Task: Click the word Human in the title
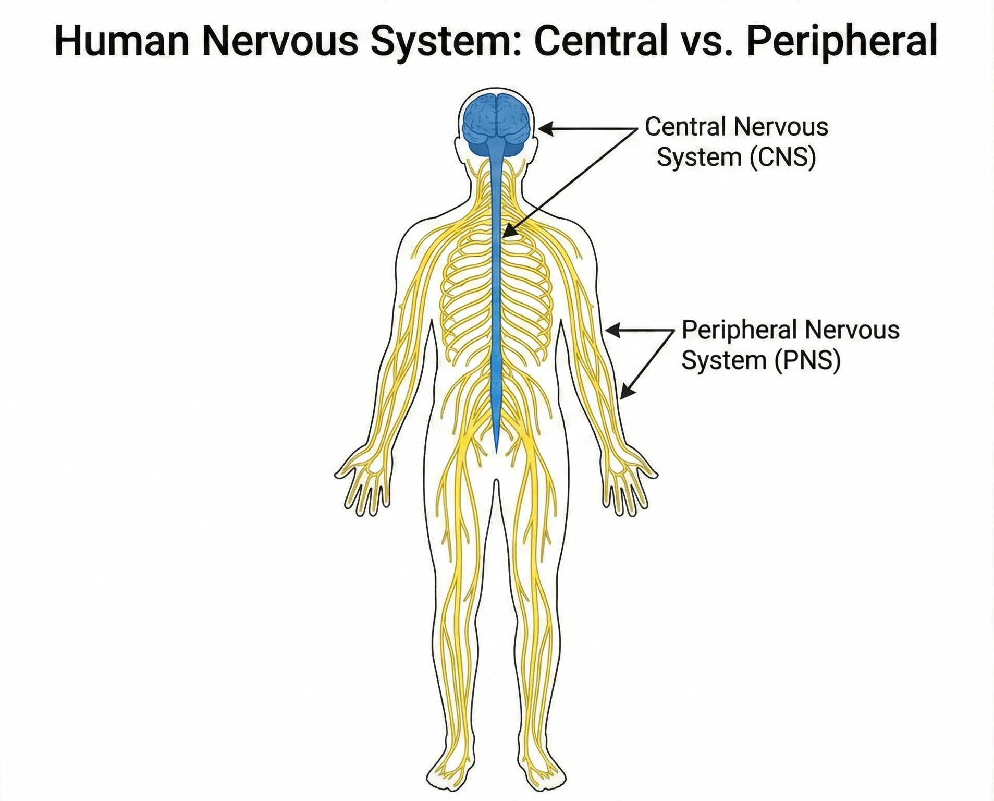click(x=121, y=41)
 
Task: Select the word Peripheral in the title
click(x=842, y=41)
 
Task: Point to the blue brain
click(x=496, y=123)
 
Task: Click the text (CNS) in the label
click(x=783, y=157)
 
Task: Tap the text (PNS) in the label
click(x=807, y=360)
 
